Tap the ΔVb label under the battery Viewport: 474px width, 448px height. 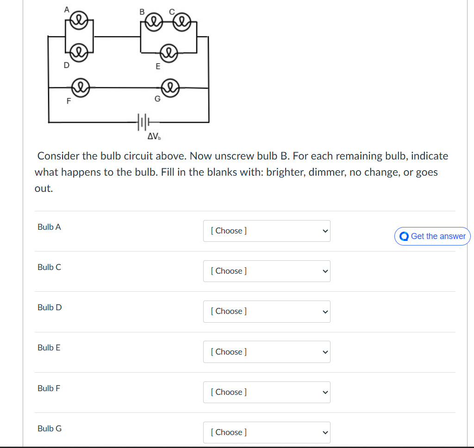point(154,136)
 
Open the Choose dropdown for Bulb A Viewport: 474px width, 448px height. point(267,231)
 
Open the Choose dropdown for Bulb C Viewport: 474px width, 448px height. point(267,271)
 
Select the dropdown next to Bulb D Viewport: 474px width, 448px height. point(267,311)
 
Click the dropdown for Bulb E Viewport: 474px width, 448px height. point(267,352)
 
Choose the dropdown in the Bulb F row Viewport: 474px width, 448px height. point(267,392)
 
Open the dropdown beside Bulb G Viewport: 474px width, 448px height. point(267,432)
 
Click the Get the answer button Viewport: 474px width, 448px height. point(432,236)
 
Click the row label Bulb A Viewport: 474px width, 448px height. point(49,227)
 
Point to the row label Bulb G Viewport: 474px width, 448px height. point(50,429)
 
